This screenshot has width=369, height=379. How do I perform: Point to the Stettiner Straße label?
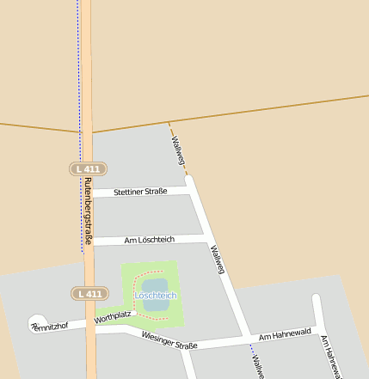pyautogui.click(x=140, y=192)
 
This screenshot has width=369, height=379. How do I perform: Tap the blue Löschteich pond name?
pyautogui.click(x=156, y=296)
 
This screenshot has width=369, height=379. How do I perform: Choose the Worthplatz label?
pyautogui.click(x=113, y=317)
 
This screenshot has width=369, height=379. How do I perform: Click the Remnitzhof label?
pyautogui.click(x=49, y=327)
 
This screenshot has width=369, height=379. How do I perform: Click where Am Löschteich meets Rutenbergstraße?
pyautogui.click(x=88, y=241)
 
